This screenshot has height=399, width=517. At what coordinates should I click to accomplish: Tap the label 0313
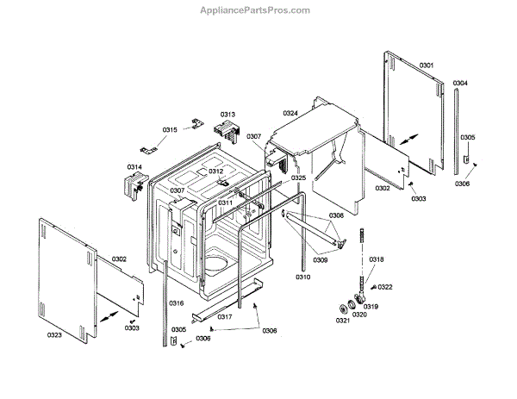[227, 115]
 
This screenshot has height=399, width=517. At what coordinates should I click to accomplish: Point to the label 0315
[170, 129]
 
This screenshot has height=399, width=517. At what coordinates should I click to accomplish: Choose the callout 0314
[134, 166]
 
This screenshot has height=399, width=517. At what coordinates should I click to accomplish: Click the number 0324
[290, 113]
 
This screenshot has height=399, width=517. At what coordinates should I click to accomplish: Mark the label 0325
[298, 178]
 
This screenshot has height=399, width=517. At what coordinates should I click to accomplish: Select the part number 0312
[215, 172]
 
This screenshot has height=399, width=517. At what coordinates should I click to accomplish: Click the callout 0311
[225, 203]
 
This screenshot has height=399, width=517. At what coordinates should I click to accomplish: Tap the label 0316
[177, 303]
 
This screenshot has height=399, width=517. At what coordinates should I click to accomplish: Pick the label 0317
[224, 316]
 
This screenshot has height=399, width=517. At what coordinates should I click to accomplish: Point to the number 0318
[377, 259]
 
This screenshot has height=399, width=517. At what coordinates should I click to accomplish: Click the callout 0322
[384, 287]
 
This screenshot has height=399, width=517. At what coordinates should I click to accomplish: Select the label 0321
[342, 321]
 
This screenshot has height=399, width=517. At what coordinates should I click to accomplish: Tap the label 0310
[302, 277]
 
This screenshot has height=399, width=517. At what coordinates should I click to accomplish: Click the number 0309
[320, 259]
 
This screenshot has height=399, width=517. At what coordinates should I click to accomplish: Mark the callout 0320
[358, 315]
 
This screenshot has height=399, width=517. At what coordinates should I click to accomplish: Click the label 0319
[370, 307]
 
